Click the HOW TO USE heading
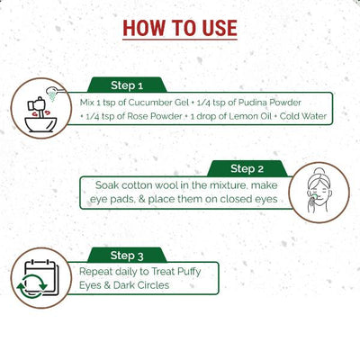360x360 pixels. coord(180,27)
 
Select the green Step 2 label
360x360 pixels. coord(247,168)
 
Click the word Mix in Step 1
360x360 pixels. coord(89,103)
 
